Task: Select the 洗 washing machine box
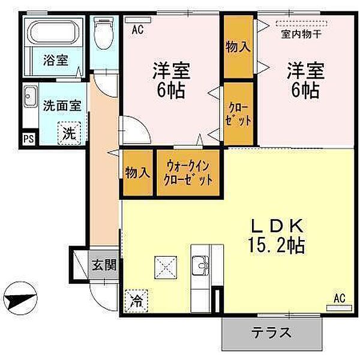click(x=69, y=133)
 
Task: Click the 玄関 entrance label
click(x=103, y=265)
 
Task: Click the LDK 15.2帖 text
click(x=278, y=235)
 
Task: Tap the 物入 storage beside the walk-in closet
click(x=137, y=173)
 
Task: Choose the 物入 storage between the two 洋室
click(x=237, y=46)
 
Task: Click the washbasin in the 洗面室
click(x=29, y=98)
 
